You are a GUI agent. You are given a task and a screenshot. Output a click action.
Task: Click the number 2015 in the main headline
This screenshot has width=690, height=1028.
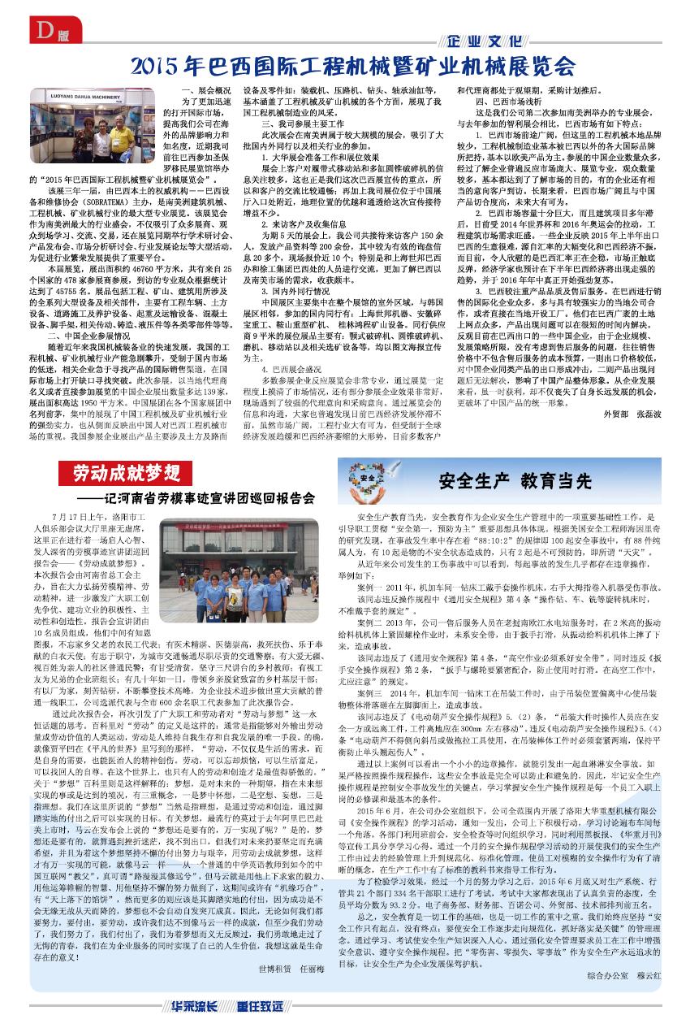pyautogui.click(x=157, y=65)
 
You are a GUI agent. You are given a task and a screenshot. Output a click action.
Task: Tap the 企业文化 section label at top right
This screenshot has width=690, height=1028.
pyautogui.click(x=485, y=41)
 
